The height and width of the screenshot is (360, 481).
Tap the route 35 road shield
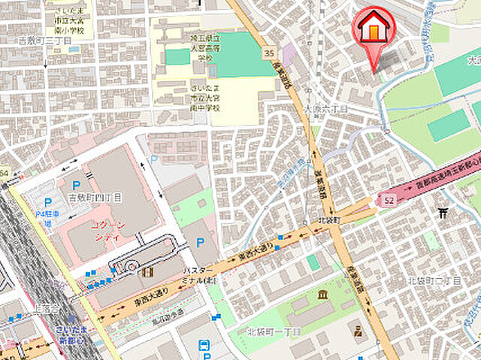[269, 53]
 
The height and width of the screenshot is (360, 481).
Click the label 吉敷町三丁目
[44, 39]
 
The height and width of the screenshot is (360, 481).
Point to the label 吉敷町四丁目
[101, 197]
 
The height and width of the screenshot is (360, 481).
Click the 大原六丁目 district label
[325, 109]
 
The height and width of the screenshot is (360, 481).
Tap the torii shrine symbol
[443, 213]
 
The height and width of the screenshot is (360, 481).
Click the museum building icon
[322, 294]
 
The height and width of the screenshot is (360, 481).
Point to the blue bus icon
[204, 346]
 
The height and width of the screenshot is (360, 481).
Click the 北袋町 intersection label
[329, 220]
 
